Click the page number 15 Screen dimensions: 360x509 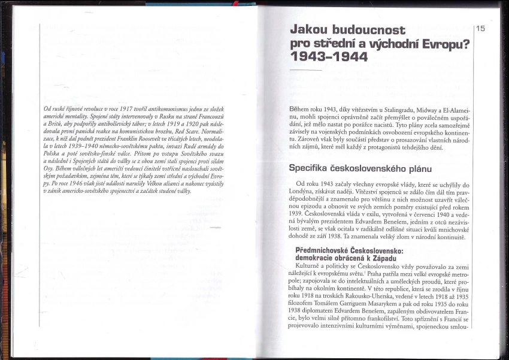[x=481, y=28]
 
